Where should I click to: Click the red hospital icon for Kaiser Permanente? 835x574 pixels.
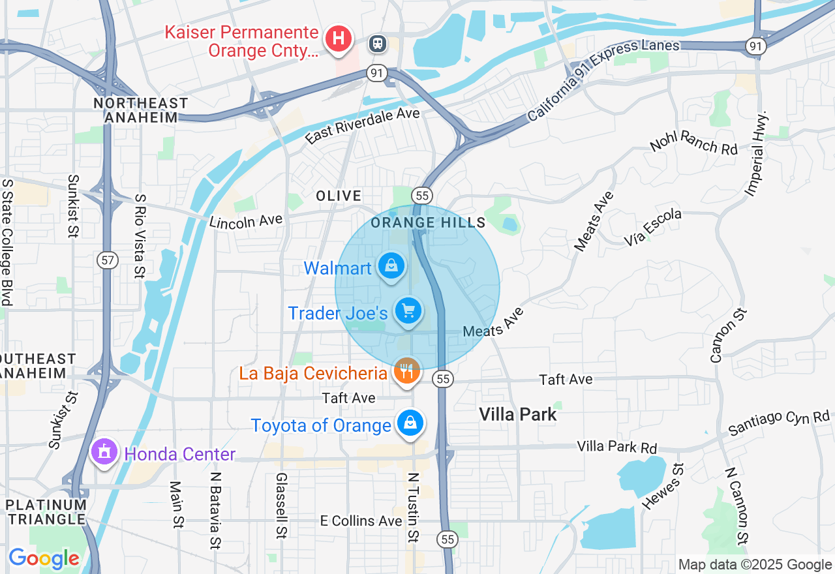tap(338, 38)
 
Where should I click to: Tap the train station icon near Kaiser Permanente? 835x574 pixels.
tap(377, 44)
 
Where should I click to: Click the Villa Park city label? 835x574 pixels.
tap(518, 414)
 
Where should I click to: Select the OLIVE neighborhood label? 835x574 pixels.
tap(339, 196)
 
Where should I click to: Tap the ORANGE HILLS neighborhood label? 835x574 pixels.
tap(428, 222)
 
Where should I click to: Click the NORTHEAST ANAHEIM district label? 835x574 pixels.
tap(140, 110)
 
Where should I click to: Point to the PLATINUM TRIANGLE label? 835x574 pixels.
tap(46, 512)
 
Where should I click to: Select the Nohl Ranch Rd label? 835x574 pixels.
tap(693, 142)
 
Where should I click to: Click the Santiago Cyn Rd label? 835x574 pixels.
tap(779, 423)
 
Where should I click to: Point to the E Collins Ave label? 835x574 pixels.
tap(361, 521)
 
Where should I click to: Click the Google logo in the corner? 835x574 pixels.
tap(44, 558)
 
